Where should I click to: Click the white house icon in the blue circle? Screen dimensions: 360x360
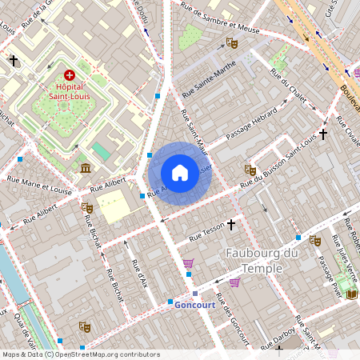(x=180, y=173)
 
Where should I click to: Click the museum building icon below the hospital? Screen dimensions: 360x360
(x=86, y=167)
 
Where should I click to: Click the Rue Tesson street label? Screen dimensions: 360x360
(x=206, y=235)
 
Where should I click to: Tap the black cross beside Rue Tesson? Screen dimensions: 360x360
(x=232, y=226)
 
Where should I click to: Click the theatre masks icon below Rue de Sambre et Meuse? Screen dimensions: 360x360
(x=232, y=43)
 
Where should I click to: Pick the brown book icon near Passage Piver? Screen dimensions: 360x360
(x=351, y=294)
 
